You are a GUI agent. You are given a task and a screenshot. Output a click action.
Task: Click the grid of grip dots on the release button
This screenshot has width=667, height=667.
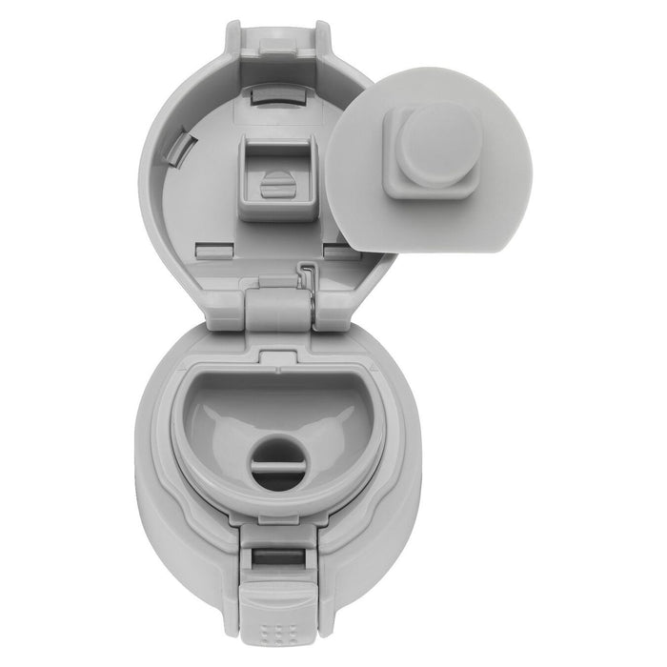coord(275,631)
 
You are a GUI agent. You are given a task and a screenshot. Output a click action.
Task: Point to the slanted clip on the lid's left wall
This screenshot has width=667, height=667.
coord(187,148)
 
